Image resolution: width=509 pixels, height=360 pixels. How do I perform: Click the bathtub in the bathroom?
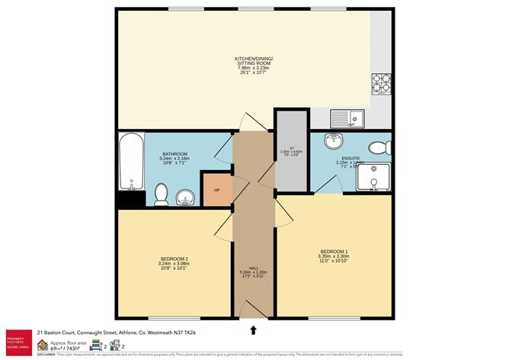point(132,162)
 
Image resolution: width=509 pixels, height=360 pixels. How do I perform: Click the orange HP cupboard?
point(216,189)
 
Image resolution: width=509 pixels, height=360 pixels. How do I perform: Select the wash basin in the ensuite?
point(333,142)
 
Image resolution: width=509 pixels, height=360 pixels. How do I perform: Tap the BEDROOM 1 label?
point(333,251)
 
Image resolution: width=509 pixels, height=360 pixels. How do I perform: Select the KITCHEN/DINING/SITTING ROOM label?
point(254,61)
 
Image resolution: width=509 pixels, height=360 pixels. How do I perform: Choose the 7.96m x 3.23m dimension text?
point(254,69)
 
